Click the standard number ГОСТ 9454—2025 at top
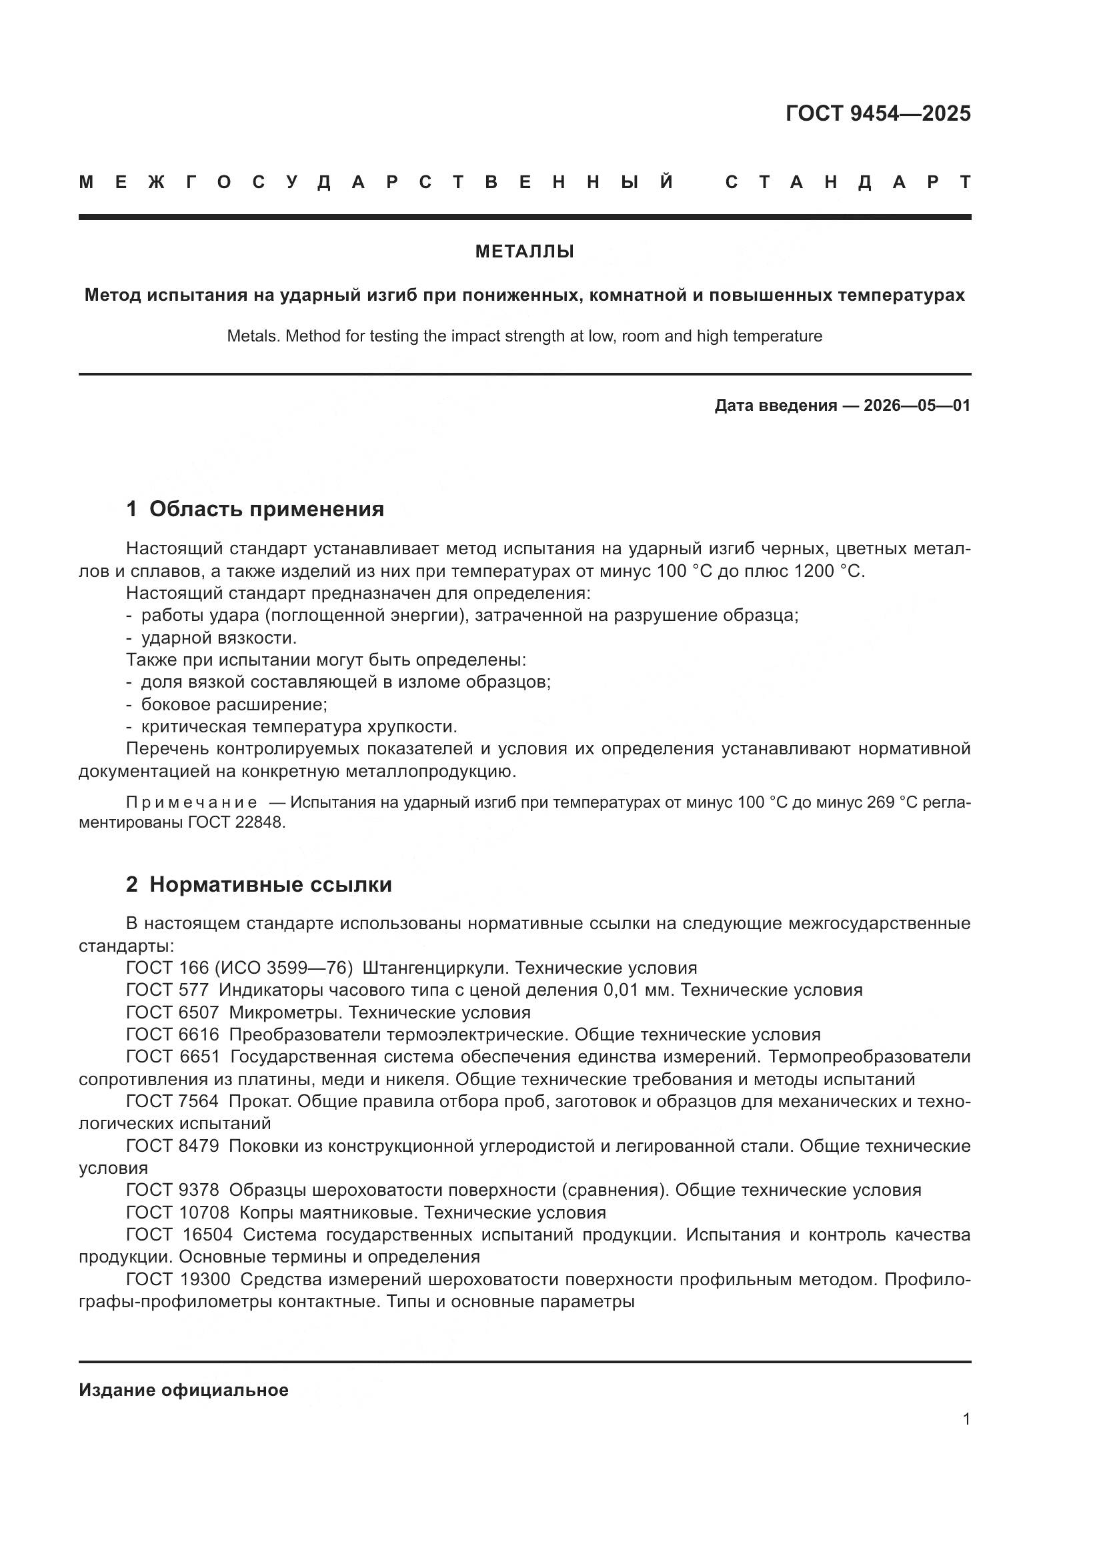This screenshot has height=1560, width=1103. (x=878, y=113)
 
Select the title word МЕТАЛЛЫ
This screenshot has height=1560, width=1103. (x=524, y=252)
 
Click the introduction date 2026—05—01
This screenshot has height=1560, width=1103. (x=916, y=406)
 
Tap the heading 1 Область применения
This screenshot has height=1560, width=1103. (x=255, y=509)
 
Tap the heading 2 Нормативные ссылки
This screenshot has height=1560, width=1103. (x=259, y=884)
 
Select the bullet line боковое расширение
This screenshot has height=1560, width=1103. (x=233, y=704)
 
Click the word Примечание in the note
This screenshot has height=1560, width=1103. (x=191, y=802)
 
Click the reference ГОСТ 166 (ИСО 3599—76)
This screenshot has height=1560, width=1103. (x=239, y=968)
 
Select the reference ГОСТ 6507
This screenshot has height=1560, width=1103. (x=173, y=1012)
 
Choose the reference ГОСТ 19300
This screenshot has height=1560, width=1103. (x=178, y=1279)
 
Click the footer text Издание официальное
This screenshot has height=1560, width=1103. (x=183, y=1390)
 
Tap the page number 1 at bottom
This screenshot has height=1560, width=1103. (x=966, y=1419)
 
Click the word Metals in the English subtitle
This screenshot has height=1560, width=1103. (x=252, y=335)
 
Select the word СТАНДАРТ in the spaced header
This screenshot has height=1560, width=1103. (x=848, y=182)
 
